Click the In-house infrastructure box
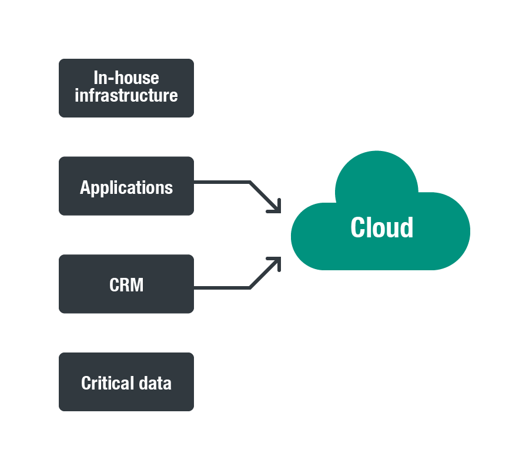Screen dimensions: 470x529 (x=126, y=88)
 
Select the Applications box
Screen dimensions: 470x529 (x=126, y=186)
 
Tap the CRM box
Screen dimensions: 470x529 (x=126, y=284)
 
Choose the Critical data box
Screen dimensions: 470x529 (x=126, y=382)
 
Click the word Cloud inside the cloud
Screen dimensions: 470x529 (x=381, y=228)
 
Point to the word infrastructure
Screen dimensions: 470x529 (x=126, y=96)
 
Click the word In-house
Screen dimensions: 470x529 (x=126, y=78)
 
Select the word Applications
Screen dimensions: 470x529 (x=126, y=188)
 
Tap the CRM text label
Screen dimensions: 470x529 (x=126, y=286)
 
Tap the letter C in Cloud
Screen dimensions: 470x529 (x=359, y=228)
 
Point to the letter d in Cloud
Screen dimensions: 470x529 (x=406, y=228)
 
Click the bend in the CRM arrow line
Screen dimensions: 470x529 (x=250, y=288)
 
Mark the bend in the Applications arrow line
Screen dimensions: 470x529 (x=250, y=182)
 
